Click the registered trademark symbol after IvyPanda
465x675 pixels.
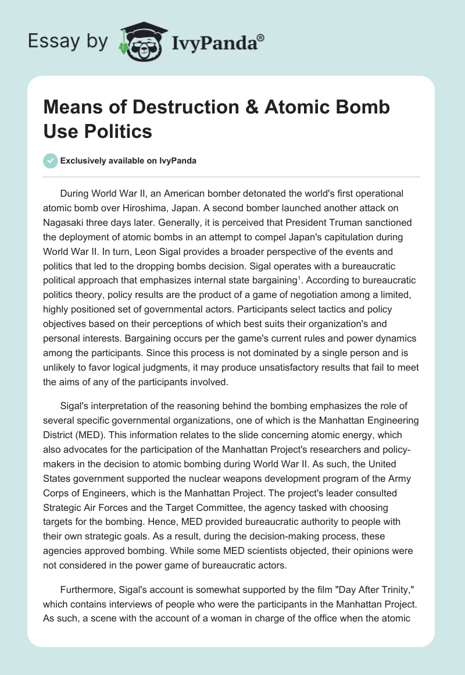coord(260,38)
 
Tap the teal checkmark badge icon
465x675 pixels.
coord(50,161)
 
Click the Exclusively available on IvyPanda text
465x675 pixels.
coord(128,161)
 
